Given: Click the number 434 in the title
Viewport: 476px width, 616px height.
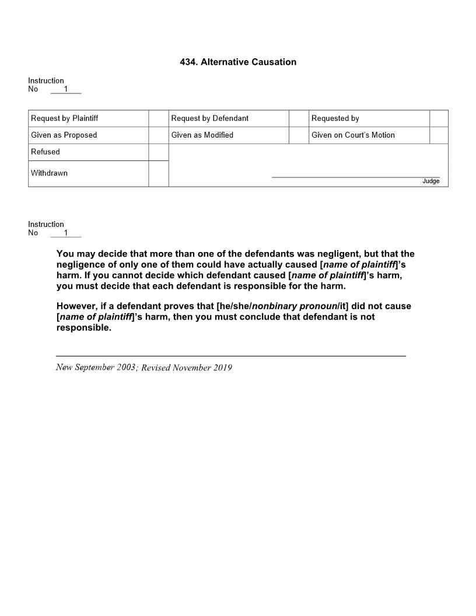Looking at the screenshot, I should (188, 62).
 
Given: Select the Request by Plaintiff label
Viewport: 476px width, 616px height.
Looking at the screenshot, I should (64, 118).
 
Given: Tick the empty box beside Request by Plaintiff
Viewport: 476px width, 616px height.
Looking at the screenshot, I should (158, 118).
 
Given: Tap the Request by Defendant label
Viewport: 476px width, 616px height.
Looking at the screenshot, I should (209, 118).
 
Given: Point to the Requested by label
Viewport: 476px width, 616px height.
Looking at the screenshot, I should (335, 118).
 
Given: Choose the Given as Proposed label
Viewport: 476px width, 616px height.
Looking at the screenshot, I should (64, 135).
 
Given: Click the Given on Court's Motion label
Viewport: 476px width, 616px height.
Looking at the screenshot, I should (353, 135).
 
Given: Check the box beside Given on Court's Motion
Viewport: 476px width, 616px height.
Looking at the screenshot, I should (439, 135).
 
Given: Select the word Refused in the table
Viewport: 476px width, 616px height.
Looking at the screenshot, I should (45, 152).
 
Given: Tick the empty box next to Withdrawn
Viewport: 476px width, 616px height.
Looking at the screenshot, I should (158, 173).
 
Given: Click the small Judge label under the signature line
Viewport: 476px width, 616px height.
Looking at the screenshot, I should (430, 181).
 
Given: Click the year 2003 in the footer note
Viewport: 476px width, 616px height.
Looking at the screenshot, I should (126, 367).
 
